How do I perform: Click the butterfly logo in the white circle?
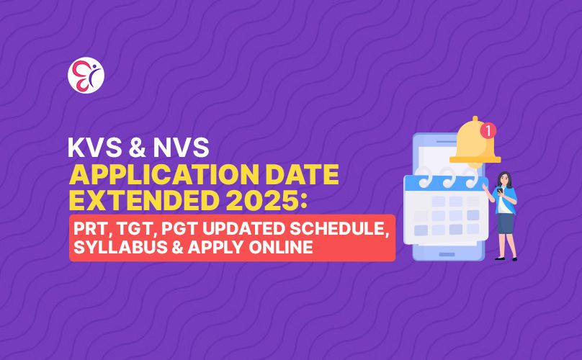86,76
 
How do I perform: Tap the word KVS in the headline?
95,148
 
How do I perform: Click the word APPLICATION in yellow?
164,174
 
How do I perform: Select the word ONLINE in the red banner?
281,247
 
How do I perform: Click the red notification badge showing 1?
488,130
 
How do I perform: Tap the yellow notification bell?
475,142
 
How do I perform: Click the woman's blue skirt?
505,223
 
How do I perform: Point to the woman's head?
504,179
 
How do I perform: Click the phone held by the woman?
500,190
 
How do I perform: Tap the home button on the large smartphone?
447,255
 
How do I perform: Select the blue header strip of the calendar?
446,184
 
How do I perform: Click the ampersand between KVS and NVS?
138,148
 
